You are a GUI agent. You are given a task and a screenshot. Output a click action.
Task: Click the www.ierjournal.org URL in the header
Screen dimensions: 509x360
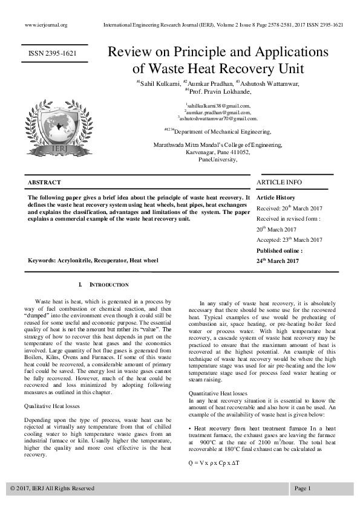tap(46, 25)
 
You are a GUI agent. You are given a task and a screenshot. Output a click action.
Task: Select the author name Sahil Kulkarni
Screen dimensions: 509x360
tap(157, 83)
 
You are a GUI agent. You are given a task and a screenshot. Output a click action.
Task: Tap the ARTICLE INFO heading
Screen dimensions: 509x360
tap(279, 182)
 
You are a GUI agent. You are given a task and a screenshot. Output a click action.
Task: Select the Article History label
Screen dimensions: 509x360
tap(276, 198)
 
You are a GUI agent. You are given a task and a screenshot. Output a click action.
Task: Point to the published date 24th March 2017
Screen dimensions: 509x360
tap(278, 261)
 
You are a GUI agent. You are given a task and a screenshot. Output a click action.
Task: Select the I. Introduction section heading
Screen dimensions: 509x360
tap(103, 284)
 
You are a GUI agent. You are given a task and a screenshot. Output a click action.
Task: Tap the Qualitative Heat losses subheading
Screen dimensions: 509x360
tap(53, 406)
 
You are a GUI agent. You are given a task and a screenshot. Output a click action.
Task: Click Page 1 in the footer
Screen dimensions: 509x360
tap(303, 488)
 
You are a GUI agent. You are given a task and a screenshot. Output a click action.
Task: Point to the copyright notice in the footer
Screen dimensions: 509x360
tap(53, 488)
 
